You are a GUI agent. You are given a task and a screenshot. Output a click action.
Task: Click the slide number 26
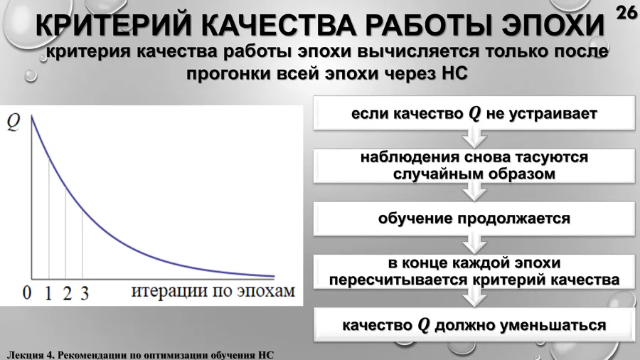pyautogui.click(x=626, y=13)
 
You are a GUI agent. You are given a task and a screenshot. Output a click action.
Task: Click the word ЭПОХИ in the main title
pyautogui.click(x=553, y=26)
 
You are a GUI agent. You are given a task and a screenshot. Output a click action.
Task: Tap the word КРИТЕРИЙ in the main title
pyautogui.click(x=113, y=26)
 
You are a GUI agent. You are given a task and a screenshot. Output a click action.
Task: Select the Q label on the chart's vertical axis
pyautogui.click(x=14, y=122)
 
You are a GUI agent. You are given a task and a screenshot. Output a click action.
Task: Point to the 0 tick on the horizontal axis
pyautogui.click(x=27, y=292)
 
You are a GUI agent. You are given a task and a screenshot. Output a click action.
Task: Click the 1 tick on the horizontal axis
pyautogui.click(x=48, y=292)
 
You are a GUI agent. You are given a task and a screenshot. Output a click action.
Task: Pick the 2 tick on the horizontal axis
pyautogui.click(x=67, y=293)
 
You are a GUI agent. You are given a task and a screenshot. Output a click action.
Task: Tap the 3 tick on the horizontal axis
pyautogui.click(x=85, y=293)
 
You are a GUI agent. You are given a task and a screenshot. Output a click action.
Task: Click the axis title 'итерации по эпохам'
pyautogui.click(x=213, y=291)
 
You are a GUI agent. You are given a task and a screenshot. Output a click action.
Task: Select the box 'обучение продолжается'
pyautogui.click(x=474, y=219)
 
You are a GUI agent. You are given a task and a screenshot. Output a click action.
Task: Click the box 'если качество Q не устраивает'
pyautogui.click(x=474, y=113)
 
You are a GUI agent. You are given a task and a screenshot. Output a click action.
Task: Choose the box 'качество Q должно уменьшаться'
pyautogui.click(x=474, y=325)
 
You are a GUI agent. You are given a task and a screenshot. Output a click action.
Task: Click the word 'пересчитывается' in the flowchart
pyautogui.click(x=399, y=280)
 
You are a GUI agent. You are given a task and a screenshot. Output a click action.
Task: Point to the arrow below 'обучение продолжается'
pyautogui.click(x=474, y=243)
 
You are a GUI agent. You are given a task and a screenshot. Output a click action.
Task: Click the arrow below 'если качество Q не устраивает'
pyautogui.click(x=474, y=137)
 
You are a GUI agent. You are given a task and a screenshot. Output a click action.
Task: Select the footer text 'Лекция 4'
pyautogui.click(x=30, y=355)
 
